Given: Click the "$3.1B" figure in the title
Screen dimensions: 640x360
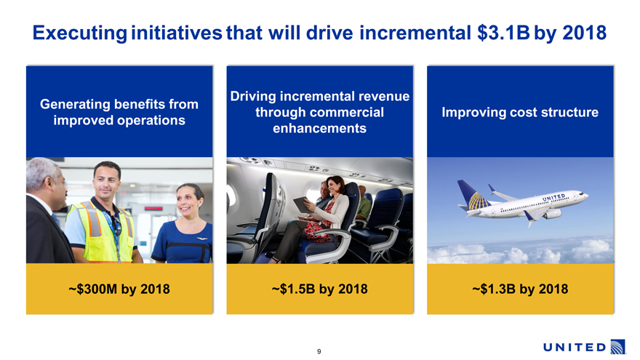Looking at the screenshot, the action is pyautogui.click(x=503, y=33).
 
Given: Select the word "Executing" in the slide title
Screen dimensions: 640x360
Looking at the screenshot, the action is pyautogui.click(x=80, y=33).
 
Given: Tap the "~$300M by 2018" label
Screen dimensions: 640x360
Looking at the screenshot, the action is pyautogui.click(x=119, y=289).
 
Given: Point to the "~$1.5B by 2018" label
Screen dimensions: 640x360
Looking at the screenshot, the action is pyautogui.click(x=319, y=289).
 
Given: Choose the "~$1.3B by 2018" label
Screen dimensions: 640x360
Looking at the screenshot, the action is pyautogui.click(x=520, y=289).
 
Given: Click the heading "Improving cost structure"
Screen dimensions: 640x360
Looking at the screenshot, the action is pyautogui.click(x=520, y=112).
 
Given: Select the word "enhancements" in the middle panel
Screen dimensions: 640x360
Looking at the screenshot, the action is pyautogui.click(x=319, y=128).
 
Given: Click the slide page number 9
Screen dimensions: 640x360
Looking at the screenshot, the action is pyautogui.click(x=319, y=351).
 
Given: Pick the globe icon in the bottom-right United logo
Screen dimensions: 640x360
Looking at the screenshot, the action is pyautogui.click(x=617, y=347).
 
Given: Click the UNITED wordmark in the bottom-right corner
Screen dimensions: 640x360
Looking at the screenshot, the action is pyautogui.click(x=575, y=348).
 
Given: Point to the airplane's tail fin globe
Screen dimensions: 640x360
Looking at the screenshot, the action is pyautogui.click(x=479, y=201).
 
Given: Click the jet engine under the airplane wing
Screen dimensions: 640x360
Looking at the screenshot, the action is pyautogui.click(x=553, y=214).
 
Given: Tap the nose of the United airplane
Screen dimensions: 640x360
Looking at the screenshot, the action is pyautogui.click(x=586, y=196).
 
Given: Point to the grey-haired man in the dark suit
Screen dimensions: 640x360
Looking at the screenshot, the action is pyautogui.click(x=47, y=211).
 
